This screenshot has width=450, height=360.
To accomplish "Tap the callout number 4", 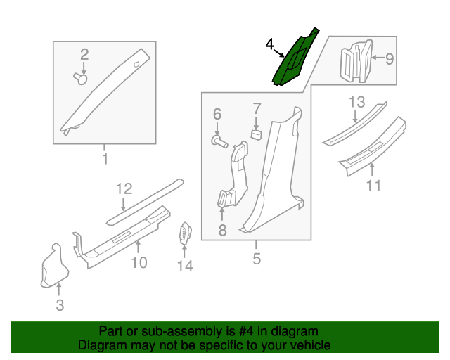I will coord(269,45).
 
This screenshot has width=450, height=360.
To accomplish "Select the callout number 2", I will coord(84,54).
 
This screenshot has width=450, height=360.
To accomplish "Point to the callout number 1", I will coord(105,159).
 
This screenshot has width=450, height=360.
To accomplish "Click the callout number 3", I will coord(60,304).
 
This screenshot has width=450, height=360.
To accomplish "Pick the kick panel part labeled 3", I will coord(53,267).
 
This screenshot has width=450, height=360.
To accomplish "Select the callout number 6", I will coord(217,114).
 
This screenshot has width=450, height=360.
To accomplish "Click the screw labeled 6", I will coord(219,142).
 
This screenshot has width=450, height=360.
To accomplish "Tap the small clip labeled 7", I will coord(257,131).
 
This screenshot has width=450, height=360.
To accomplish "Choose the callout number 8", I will coord(222,229).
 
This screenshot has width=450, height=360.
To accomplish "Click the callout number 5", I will coord(257,259).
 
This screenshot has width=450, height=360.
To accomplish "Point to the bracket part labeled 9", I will coord(356,60).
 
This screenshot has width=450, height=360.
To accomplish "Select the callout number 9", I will coord(390,58).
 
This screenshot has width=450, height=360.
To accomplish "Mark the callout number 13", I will coord(357,103).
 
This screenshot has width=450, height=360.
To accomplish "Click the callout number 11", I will coord(373,186).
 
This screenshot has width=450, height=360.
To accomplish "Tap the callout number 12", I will coord(124,188).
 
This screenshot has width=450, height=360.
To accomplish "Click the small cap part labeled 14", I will coord(186,233).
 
